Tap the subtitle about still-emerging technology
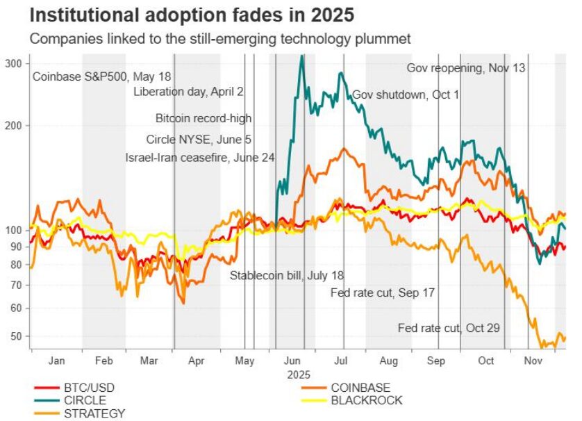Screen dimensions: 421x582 pos(220,39)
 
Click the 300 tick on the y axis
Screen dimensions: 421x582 pos(14,63)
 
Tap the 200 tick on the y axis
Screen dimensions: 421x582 pos(14,126)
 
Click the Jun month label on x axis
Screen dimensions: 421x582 pos(292,361)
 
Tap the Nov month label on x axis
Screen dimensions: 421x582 pos(533,361)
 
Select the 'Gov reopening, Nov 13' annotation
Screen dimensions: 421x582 pos(465,68)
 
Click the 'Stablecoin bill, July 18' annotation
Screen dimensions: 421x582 pos(288,275)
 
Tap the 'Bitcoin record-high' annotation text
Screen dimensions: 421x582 pos(203,118)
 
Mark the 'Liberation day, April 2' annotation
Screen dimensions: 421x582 pos(188,91)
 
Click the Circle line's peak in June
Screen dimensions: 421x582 pos(301,57)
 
